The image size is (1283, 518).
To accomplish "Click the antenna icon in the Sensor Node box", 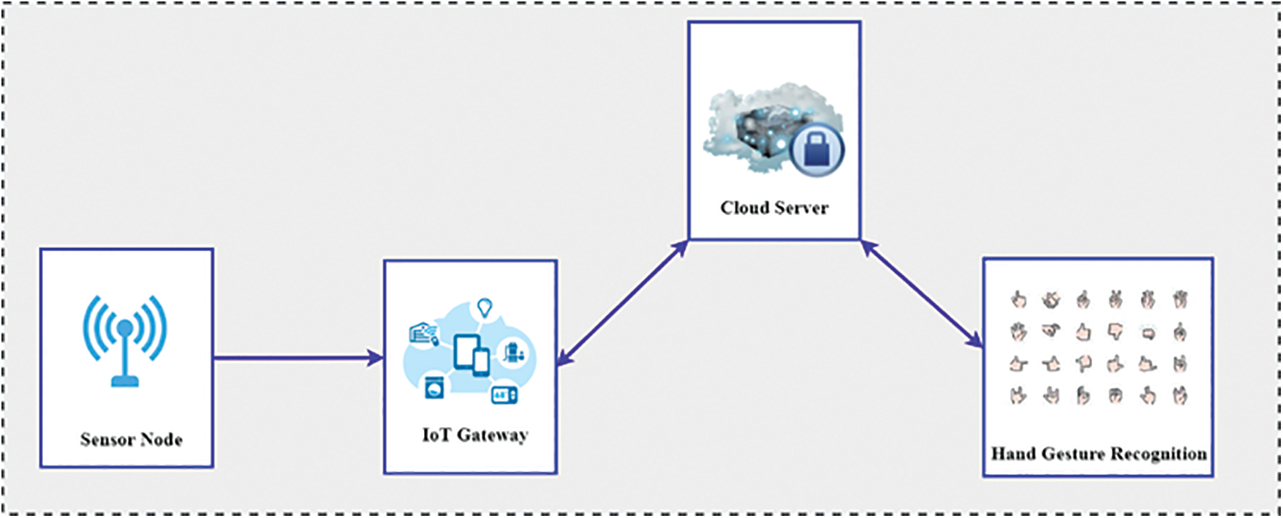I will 125,339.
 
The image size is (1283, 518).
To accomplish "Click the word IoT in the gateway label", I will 436,435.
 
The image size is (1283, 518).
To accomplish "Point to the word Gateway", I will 493,435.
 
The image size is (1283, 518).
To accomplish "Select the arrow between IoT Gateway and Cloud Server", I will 622,301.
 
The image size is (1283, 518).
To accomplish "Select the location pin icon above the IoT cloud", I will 484,308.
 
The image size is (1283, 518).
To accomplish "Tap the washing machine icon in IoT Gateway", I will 434,388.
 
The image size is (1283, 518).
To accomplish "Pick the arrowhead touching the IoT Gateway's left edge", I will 377,358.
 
